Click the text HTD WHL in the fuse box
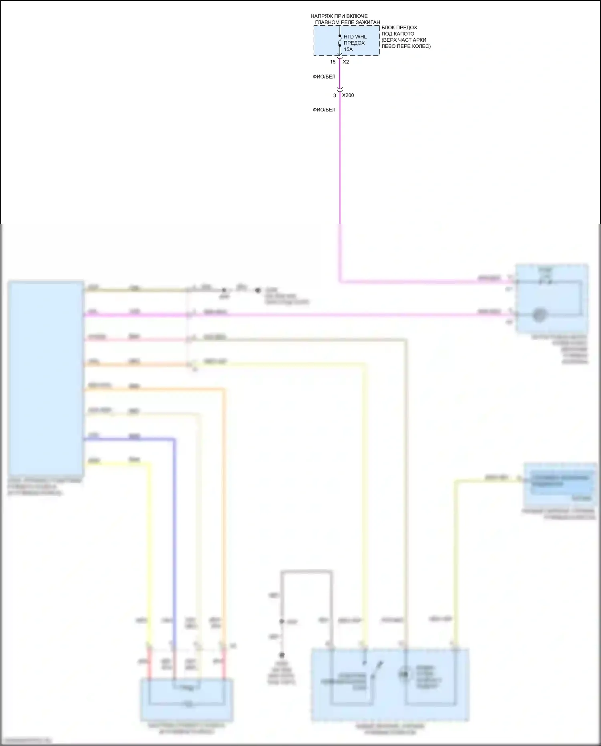point(355,37)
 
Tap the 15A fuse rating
point(348,49)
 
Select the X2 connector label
point(346,62)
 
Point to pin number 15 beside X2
point(333,62)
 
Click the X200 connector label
point(348,95)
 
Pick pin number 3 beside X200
point(335,95)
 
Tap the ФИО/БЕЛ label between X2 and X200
point(324,77)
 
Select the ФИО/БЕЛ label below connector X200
point(324,109)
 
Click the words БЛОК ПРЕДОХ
point(399,28)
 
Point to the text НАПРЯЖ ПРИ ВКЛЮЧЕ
point(339,16)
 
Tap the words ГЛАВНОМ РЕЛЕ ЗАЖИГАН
point(347,22)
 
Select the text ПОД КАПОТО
point(398,34)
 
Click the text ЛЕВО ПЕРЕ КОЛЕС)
point(406,46)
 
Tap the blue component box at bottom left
point(187,700)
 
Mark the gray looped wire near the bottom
point(307,572)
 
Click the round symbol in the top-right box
point(538,315)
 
